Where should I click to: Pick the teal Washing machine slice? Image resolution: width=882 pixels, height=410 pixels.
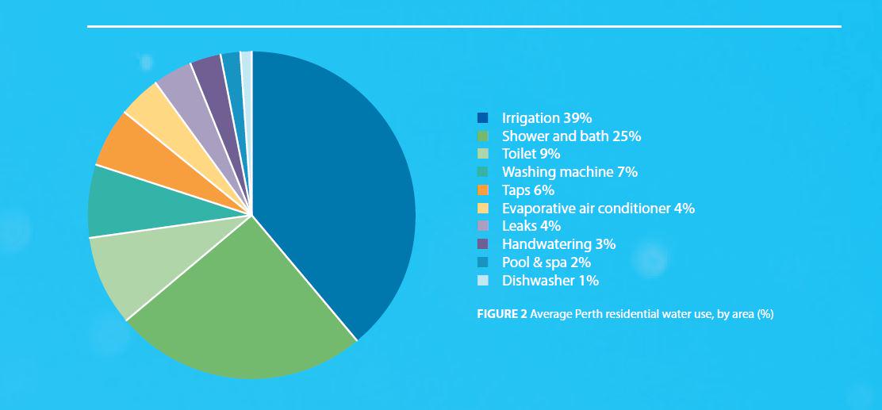(127, 206)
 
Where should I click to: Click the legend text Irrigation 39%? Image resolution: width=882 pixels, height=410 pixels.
(546, 117)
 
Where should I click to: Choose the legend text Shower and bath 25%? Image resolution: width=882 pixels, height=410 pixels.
(571, 136)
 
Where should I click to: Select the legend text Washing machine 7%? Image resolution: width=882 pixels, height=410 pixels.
(569, 172)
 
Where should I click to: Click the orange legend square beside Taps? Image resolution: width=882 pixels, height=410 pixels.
(482, 190)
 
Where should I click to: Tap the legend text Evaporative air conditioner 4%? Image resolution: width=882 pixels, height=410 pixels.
(598, 209)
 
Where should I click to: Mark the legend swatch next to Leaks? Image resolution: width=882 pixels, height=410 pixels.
(482, 226)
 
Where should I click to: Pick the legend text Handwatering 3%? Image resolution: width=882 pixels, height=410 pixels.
(558, 244)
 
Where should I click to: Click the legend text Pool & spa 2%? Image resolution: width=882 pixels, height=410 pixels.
(546, 262)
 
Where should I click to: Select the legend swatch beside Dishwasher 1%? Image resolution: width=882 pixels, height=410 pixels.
(482, 281)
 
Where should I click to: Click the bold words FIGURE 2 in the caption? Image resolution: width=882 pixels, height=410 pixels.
(501, 314)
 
